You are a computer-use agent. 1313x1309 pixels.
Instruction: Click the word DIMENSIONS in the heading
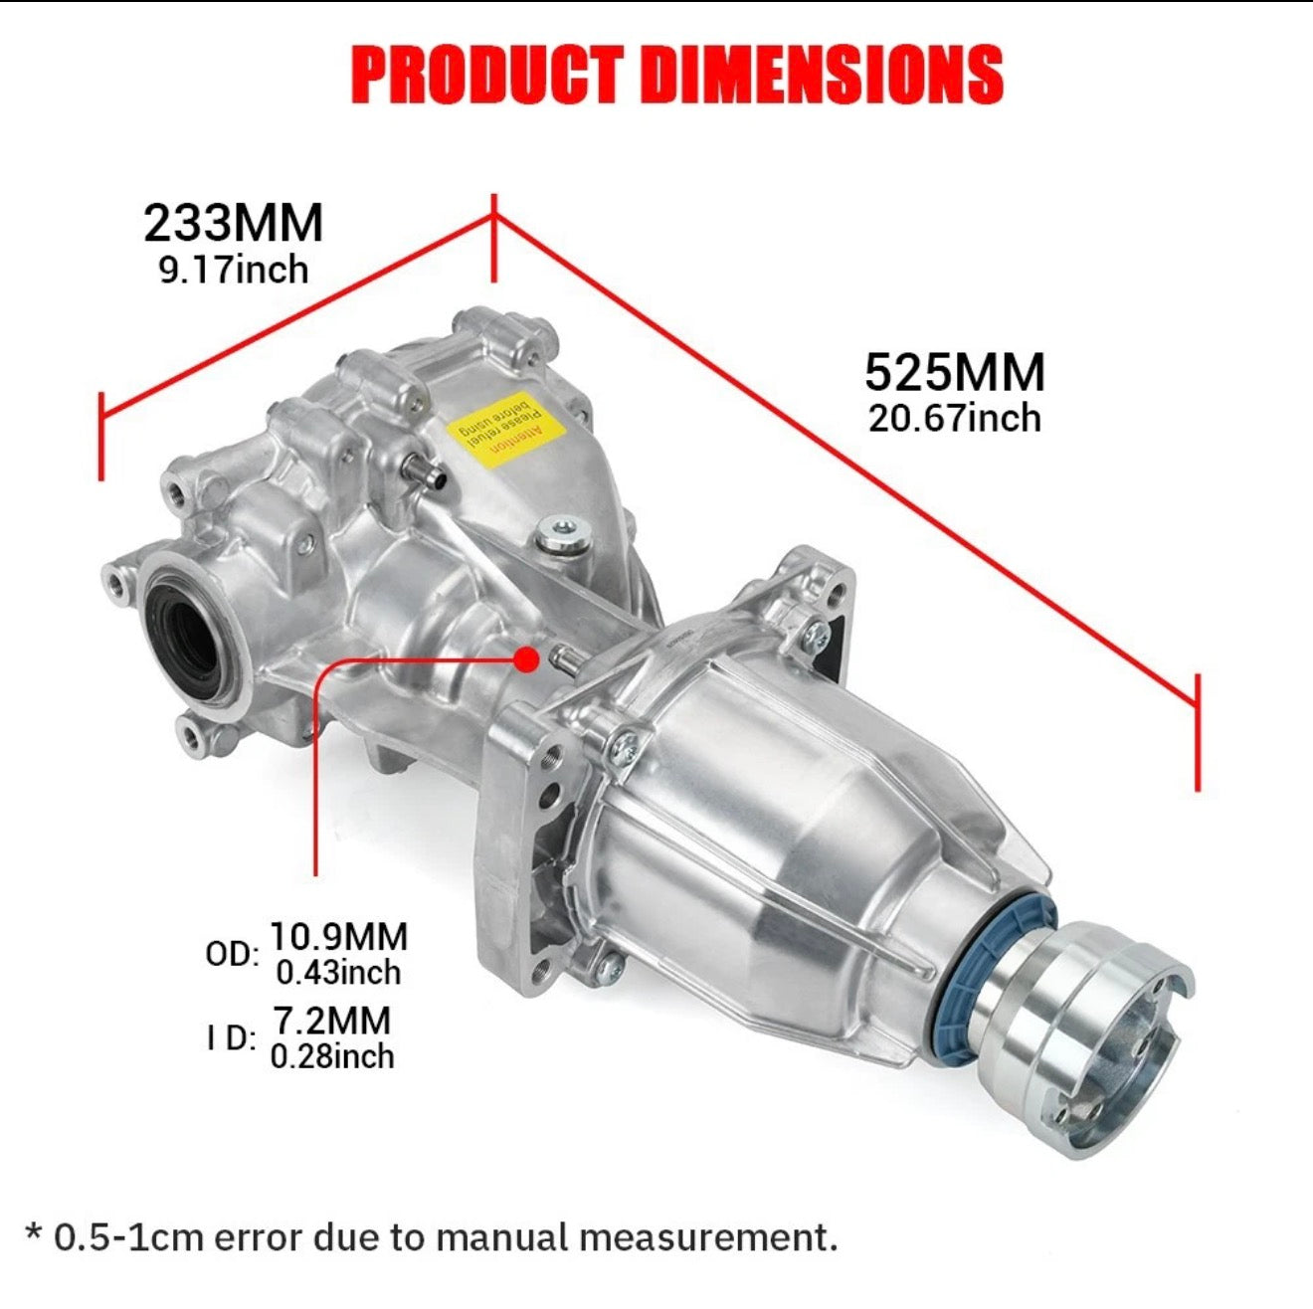[822, 75]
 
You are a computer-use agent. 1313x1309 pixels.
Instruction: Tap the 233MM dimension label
[234, 223]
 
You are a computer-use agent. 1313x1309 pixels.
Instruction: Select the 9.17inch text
[234, 271]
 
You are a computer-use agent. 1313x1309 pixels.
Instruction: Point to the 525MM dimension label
[955, 373]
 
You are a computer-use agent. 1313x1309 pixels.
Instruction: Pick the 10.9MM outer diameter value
[339, 937]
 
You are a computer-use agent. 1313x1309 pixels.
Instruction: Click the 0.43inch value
[339, 973]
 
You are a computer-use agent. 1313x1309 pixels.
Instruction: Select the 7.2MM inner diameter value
[332, 1021]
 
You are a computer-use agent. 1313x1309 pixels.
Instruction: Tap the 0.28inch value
[332, 1056]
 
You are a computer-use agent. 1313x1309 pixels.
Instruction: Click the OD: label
[232, 955]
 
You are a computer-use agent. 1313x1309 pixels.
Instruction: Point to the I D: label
[232, 1038]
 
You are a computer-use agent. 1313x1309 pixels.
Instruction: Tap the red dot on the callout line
[527, 657]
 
